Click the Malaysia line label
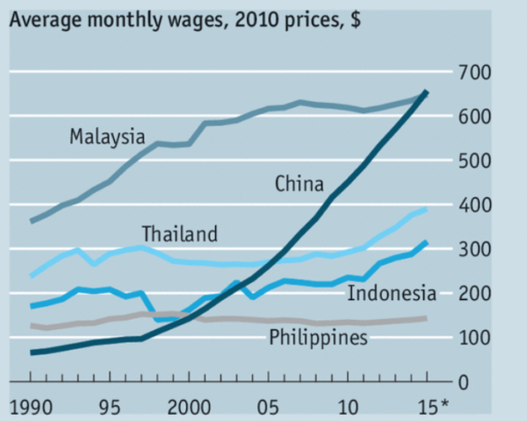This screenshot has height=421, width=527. [106, 137]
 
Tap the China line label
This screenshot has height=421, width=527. [299, 184]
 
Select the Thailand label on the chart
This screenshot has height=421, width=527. [179, 234]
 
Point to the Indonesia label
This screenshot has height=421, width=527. [391, 292]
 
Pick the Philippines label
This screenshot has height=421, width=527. [318, 337]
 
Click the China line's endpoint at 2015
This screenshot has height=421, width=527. [427, 91]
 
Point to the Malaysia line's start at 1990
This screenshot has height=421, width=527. [32, 221]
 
